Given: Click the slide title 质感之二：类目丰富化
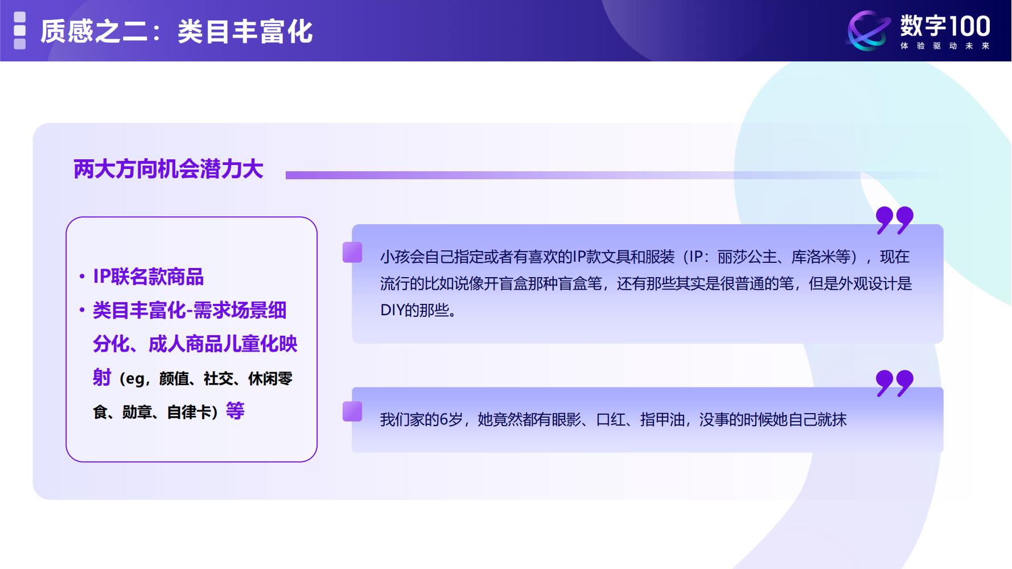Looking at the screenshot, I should click(176, 31).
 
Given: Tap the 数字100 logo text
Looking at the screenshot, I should click(945, 26).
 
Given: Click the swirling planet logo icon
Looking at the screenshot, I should click(868, 31).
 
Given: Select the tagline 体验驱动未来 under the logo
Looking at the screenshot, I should click(945, 46).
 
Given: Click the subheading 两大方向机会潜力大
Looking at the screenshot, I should click(168, 170).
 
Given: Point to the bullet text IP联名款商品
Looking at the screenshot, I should click(148, 277).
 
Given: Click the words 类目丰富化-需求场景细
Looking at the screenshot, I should click(190, 311).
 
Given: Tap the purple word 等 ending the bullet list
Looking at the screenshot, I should click(235, 411).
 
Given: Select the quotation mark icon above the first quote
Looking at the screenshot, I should click(894, 220).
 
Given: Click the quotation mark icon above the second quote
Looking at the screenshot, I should click(894, 383).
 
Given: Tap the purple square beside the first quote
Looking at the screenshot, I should click(352, 253).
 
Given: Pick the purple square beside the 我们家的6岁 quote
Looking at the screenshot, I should click(352, 411).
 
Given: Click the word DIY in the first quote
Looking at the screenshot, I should click(392, 311).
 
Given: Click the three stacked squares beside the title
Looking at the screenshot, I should click(20, 31).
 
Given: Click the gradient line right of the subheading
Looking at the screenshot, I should click(569, 175).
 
